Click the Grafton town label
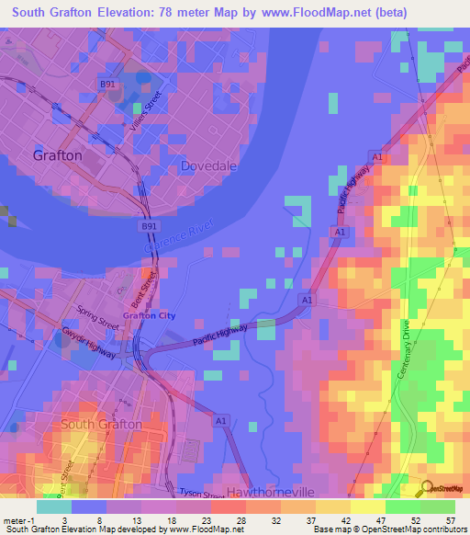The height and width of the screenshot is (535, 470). pyautogui.click(x=57, y=155)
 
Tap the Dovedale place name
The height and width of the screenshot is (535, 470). pyautogui.click(x=210, y=165)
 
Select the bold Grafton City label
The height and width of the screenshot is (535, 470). pyautogui.click(x=150, y=315)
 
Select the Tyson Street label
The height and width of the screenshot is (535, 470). pyautogui.click(x=200, y=493)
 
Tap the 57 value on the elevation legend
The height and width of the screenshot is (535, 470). pyautogui.click(x=450, y=520)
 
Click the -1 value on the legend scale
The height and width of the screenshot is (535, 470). pyautogui.click(x=33, y=520)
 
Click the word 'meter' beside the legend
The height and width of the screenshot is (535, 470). pyautogui.click(x=16, y=520)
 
